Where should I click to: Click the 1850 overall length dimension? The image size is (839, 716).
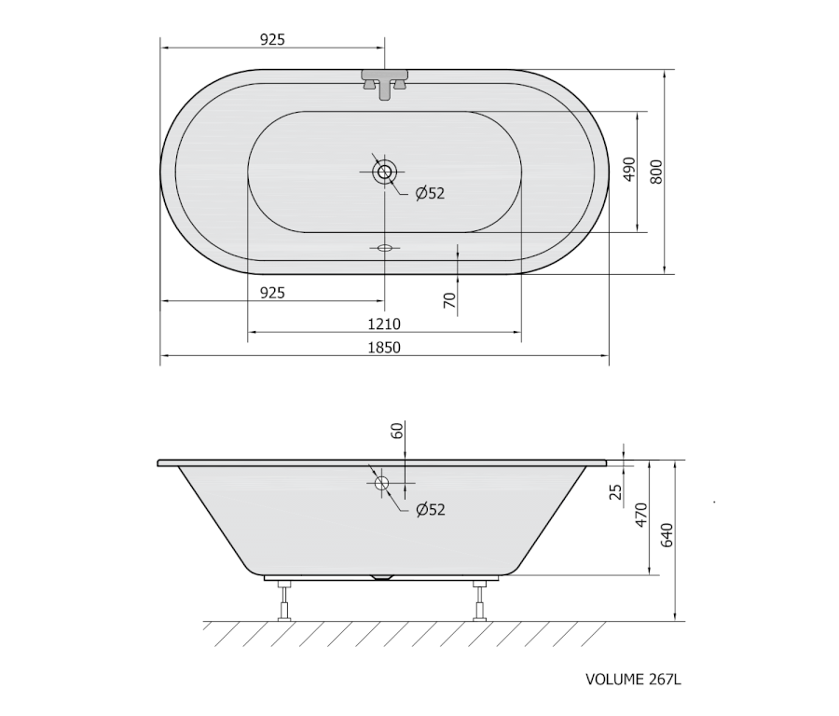[x=384, y=348]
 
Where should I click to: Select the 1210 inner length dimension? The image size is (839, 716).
[x=384, y=324]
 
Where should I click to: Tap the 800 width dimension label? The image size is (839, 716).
[x=656, y=172]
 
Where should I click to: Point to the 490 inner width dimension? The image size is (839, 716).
[x=629, y=169]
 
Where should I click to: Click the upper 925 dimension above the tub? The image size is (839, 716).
[x=272, y=39]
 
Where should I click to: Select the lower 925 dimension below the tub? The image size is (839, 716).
[x=272, y=293]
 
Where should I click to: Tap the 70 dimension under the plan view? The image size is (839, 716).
[x=450, y=300]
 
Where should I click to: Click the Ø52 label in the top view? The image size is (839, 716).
[x=430, y=193]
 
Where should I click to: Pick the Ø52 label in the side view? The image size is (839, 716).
[x=430, y=509]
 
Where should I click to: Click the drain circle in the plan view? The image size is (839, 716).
[x=384, y=172]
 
